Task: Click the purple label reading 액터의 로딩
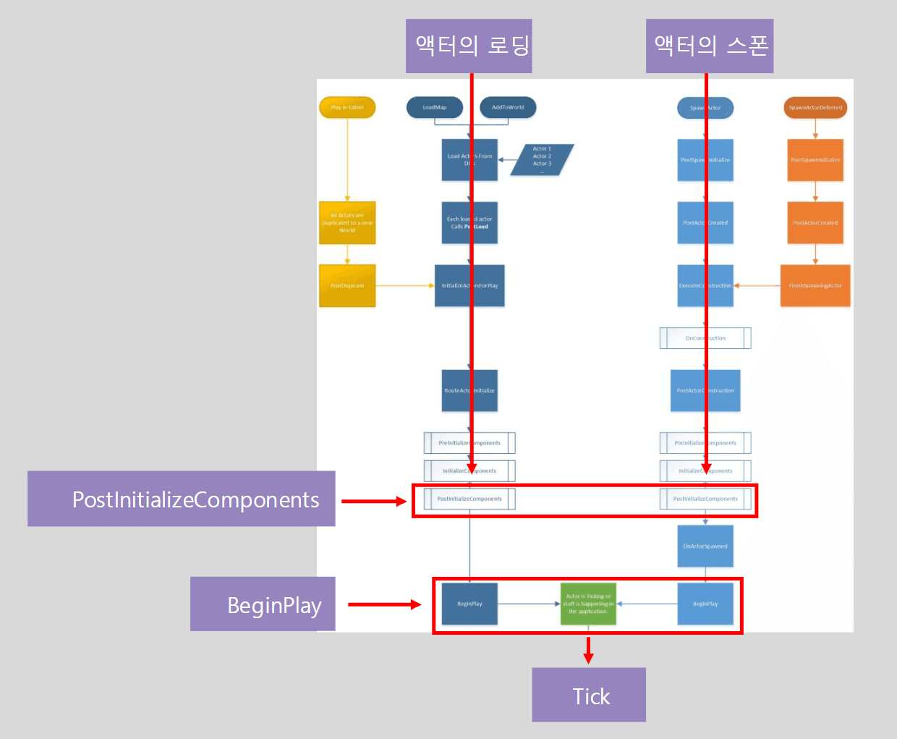pyautogui.click(x=469, y=46)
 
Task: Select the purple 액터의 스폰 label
pyautogui.click(x=709, y=46)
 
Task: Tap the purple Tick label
pyautogui.click(x=589, y=695)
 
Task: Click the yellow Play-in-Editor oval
pyautogui.click(x=347, y=107)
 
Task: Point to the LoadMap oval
pyautogui.click(x=435, y=107)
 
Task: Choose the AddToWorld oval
pyautogui.click(x=508, y=107)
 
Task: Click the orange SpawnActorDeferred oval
pyautogui.click(x=815, y=107)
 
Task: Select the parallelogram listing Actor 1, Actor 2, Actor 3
pyautogui.click(x=542, y=159)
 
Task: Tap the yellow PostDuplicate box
pyautogui.click(x=347, y=285)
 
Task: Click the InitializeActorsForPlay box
pyautogui.click(x=469, y=285)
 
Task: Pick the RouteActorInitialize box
pyautogui.click(x=469, y=390)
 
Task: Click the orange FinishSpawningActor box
pyautogui.click(x=815, y=285)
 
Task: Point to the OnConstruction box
pyautogui.click(x=705, y=338)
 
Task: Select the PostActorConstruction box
pyautogui.click(x=705, y=390)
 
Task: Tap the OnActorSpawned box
pyautogui.click(x=705, y=546)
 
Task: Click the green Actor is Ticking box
pyautogui.click(x=589, y=604)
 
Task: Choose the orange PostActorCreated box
pyautogui.click(x=815, y=222)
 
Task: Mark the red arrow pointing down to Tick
pyautogui.click(x=589, y=650)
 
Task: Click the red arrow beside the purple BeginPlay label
pyautogui.click(x=384, y=604)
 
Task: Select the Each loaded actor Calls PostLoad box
pyautogui.click(x=469, y=222)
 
